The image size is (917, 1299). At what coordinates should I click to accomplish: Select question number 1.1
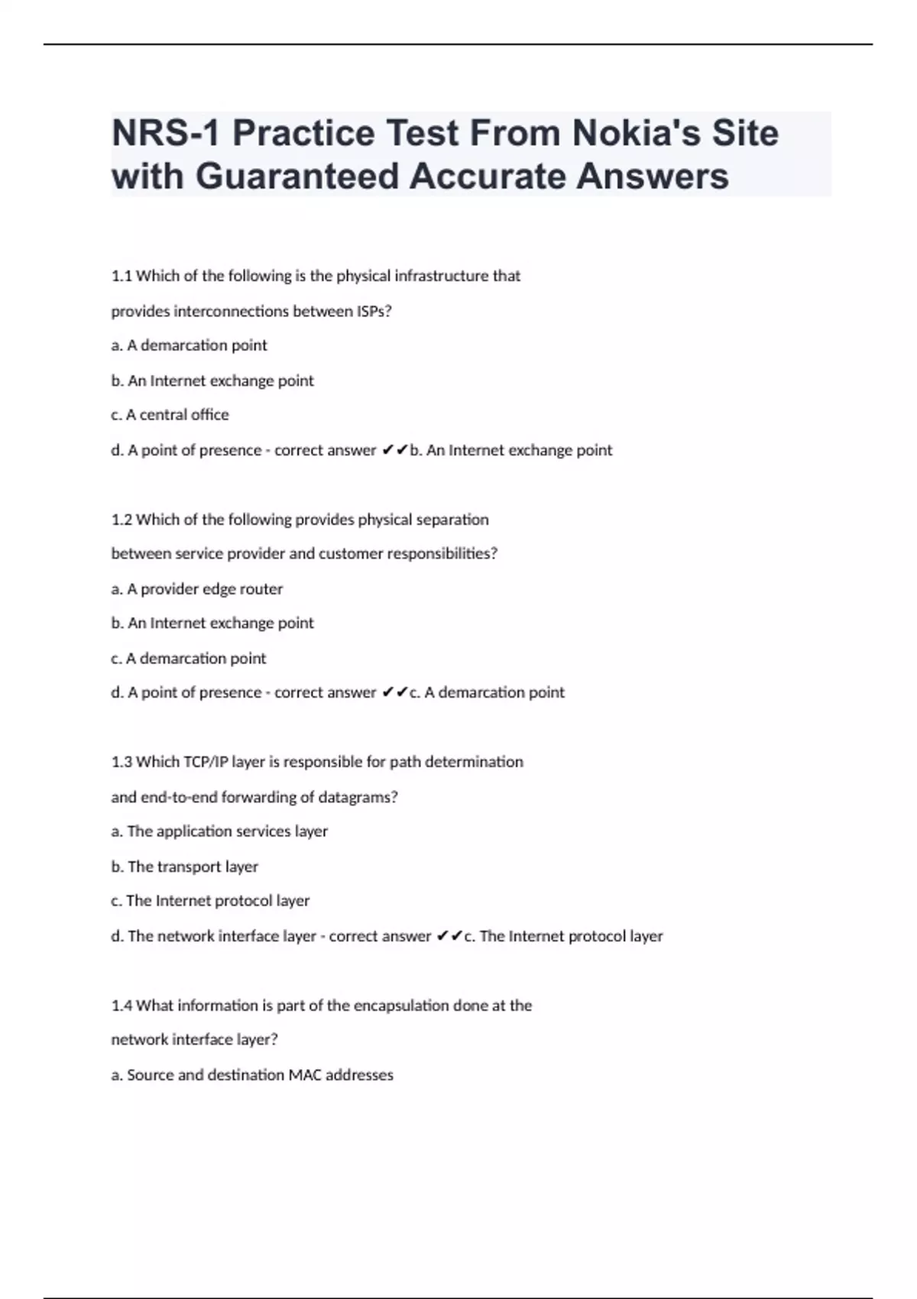122,276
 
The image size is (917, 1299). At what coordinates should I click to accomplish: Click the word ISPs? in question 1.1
374,311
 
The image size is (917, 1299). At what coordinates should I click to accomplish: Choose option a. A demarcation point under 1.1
189,345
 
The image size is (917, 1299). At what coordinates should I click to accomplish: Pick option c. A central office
170,415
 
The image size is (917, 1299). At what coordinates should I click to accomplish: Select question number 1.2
122,520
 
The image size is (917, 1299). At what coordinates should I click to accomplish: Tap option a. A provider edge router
196,589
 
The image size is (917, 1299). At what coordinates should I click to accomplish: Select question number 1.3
122,762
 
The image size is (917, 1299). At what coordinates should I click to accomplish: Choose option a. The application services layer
219,831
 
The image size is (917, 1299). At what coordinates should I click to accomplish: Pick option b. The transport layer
184,867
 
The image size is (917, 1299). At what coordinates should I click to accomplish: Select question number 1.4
122,1006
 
